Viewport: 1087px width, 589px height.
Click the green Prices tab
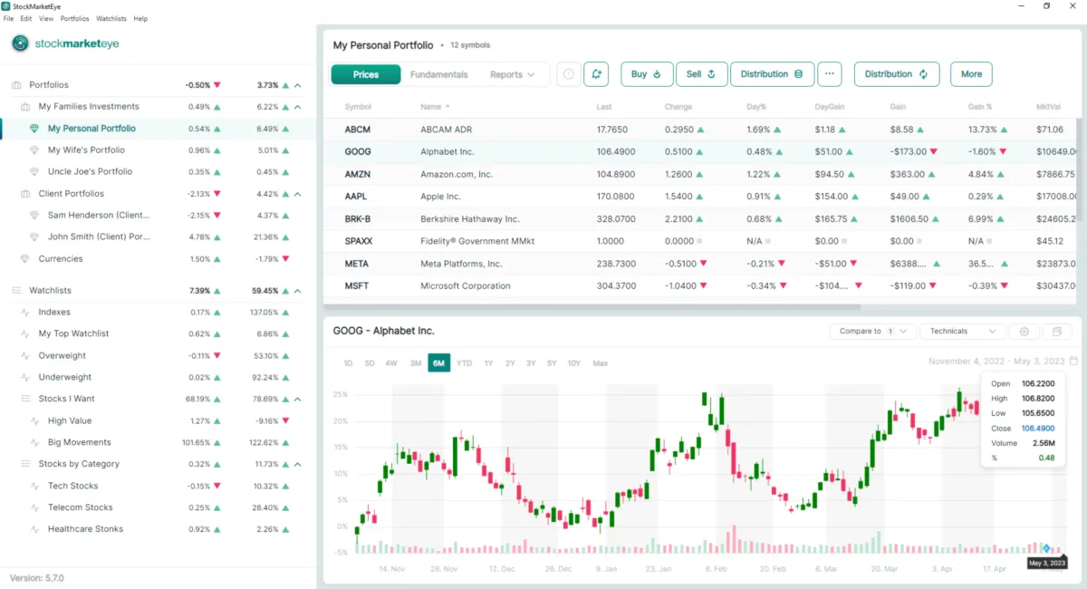(x=366, y=74)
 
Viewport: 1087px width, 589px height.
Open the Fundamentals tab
(x=438, y=74)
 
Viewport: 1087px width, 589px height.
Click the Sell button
(x=701, y=74)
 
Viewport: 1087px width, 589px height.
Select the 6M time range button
(x=439, y=363)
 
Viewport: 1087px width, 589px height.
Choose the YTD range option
(x=464, y=363)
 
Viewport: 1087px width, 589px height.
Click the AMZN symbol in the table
(x=358, y=174)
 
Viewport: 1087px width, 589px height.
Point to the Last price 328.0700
(x=616, y=218)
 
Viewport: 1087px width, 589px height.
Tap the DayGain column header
(x=830, y=107)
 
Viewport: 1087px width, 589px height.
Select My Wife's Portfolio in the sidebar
(x=86, y=150)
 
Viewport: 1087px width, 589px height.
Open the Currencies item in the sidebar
(x=61, y=259)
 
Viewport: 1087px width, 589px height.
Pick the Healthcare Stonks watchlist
(x=85, y=529)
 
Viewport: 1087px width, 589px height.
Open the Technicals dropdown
(x=962, y=332)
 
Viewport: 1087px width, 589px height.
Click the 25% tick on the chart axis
(x=341, y=395)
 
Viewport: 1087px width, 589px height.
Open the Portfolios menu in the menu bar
(x=74, y=18)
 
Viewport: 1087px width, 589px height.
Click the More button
(x=971, y=74)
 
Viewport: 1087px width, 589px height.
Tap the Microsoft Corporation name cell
(x=465, y=286)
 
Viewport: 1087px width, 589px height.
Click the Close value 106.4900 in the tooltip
(x=1037, y=429)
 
